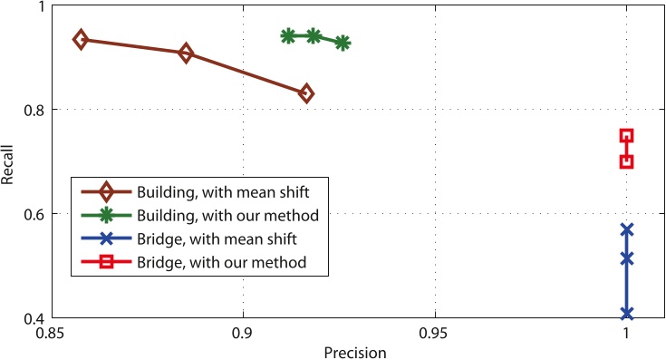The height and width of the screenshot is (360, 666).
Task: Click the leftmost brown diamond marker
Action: [81, 39]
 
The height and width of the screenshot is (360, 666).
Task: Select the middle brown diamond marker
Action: [186, 54]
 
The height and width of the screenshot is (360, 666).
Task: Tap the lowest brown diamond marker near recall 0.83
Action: [306, 93]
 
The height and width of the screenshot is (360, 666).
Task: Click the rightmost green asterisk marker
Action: [343, 43]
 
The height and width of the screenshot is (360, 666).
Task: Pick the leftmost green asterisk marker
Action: [288, 36]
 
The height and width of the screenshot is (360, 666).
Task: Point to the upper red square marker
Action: [625, 135]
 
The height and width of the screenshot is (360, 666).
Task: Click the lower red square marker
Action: [625, 161]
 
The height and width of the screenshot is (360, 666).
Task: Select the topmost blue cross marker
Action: [626, 229]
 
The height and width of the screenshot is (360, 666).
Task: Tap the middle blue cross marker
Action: [626, 258]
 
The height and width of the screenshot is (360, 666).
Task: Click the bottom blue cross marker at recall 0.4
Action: [626, 314]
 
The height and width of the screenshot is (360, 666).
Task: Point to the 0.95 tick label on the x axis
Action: [434, 333]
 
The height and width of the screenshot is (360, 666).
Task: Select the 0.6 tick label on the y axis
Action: [33, 214]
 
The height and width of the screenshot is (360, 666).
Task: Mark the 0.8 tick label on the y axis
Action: [33, 110]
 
